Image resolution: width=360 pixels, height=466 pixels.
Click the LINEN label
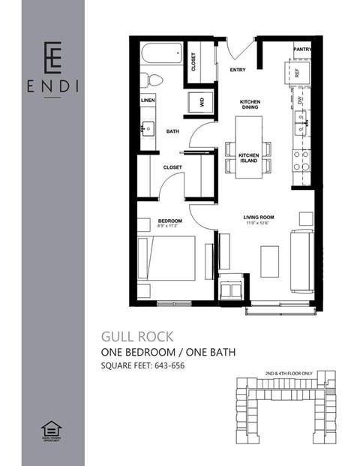point(147,99)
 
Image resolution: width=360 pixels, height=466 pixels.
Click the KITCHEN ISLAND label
point(248,158)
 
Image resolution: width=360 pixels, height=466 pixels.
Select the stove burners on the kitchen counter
point(302,161)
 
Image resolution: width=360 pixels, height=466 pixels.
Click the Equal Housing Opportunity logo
point(51,431)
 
